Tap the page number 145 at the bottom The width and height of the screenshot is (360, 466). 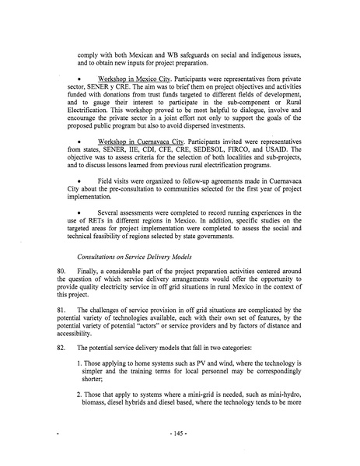(x=180, y=450)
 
